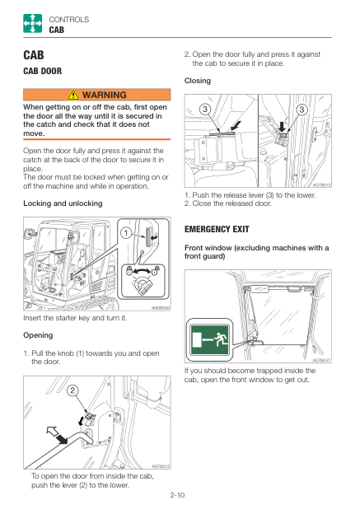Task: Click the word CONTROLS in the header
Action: pyautogui.click(x=69, y=19)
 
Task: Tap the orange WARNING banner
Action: pyautogui.click(x=96, y=96)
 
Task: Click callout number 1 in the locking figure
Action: pyautogui.click(x=124, y=233)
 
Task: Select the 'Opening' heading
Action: pyautogui.click(x=38, y=335)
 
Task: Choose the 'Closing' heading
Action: pyautogui.click(x=198, y=81)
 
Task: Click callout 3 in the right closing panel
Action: pyautogui.click(x=302, y=109)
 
